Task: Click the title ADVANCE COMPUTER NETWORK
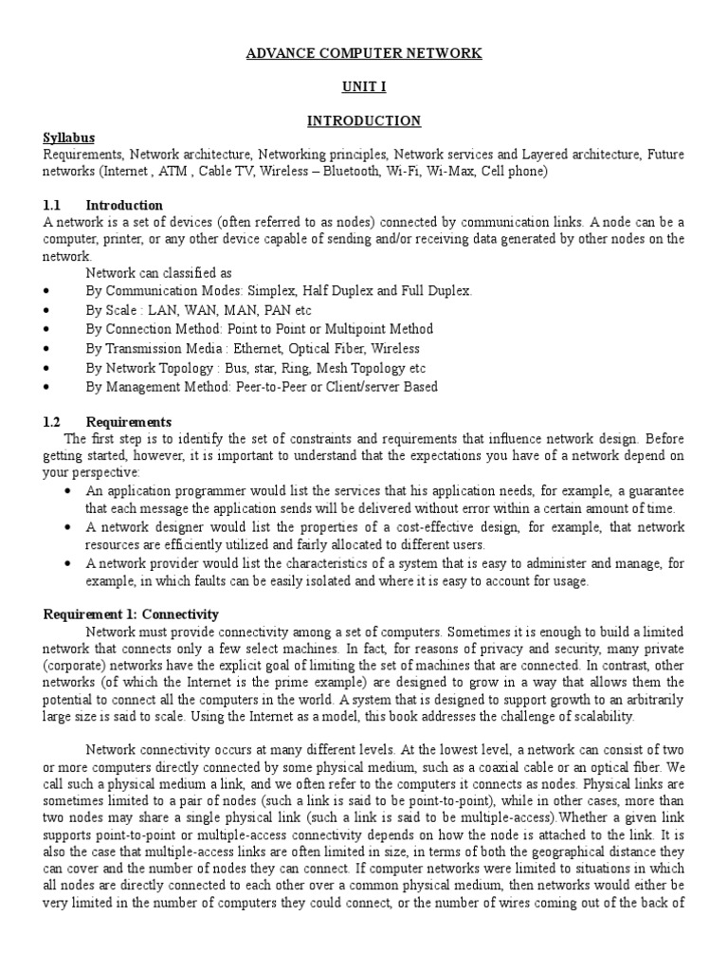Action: (364, 54)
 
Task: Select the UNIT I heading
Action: (364, 87)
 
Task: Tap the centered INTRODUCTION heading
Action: (364, 120)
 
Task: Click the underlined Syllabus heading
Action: (69, 137)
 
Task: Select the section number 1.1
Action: (52, 205)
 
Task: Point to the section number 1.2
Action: (52, 421)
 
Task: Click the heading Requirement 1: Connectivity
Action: (131, 614)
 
